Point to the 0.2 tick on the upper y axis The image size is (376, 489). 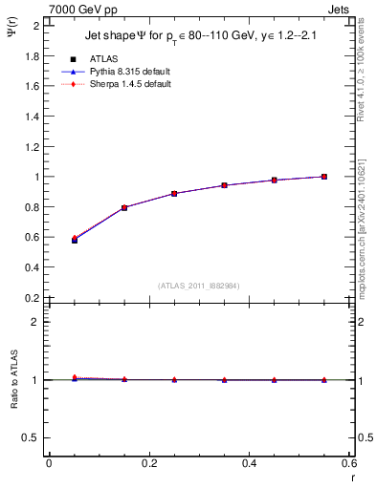click(x=32, y=298)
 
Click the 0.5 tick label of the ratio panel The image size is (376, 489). click(x=32, y=437)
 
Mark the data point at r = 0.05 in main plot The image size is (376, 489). click(x=75, y=240)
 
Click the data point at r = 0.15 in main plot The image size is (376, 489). click(x=124, y=207)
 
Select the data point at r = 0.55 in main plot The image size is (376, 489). click(x=324, y=177)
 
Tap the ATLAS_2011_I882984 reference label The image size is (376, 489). click(x=198, y=286)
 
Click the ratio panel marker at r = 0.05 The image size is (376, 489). click(x=75, y=378)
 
